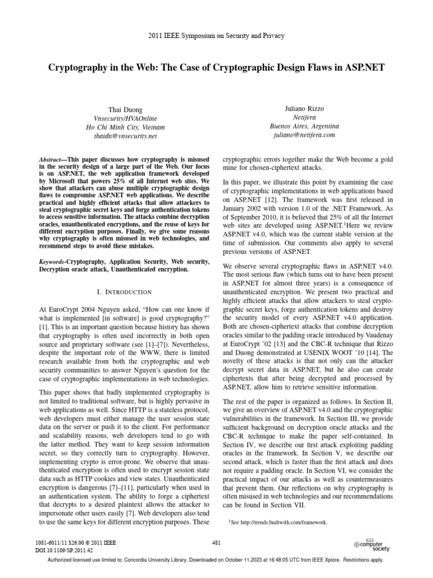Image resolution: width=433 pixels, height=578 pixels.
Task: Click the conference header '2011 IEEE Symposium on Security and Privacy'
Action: (x=216, y=36)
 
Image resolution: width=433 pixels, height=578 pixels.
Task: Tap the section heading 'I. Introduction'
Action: (x=121, y=292)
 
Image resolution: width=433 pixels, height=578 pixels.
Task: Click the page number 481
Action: (x=216, y=542)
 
